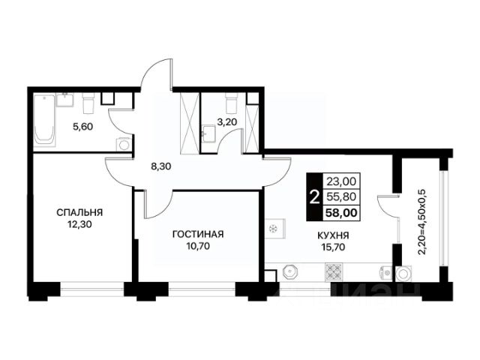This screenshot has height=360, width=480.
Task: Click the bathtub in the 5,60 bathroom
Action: pos(45,120)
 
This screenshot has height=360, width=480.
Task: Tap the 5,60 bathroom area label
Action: pos(82,127)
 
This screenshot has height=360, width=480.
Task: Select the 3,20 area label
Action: pos(226,122)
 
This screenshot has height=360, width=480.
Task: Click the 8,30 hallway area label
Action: pos(161,166)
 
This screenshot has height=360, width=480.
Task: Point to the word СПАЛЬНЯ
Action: pos(79,212)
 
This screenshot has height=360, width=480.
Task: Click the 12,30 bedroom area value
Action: pos(80,225)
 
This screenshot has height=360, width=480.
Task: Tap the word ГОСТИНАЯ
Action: pos(198,234)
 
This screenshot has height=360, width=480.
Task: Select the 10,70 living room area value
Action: pos(198,246)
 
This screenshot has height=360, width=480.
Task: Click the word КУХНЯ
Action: pos(333,235)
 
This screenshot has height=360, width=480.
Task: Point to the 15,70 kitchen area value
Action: pos(333,247)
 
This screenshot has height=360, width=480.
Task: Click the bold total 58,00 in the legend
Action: pos(341,212)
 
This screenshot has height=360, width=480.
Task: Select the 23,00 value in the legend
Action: pos(341,181)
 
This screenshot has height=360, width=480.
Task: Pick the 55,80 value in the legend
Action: pos(341,196)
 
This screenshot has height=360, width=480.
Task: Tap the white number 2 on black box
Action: pos(314,196)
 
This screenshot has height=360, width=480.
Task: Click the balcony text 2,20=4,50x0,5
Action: pos(421,222)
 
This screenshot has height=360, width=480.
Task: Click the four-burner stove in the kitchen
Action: pos(334,271)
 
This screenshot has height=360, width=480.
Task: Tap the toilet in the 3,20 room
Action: pos(231,102)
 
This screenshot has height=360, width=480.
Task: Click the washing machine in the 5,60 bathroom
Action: pos(124,144)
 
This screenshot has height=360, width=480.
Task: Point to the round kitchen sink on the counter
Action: pos(289,271)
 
